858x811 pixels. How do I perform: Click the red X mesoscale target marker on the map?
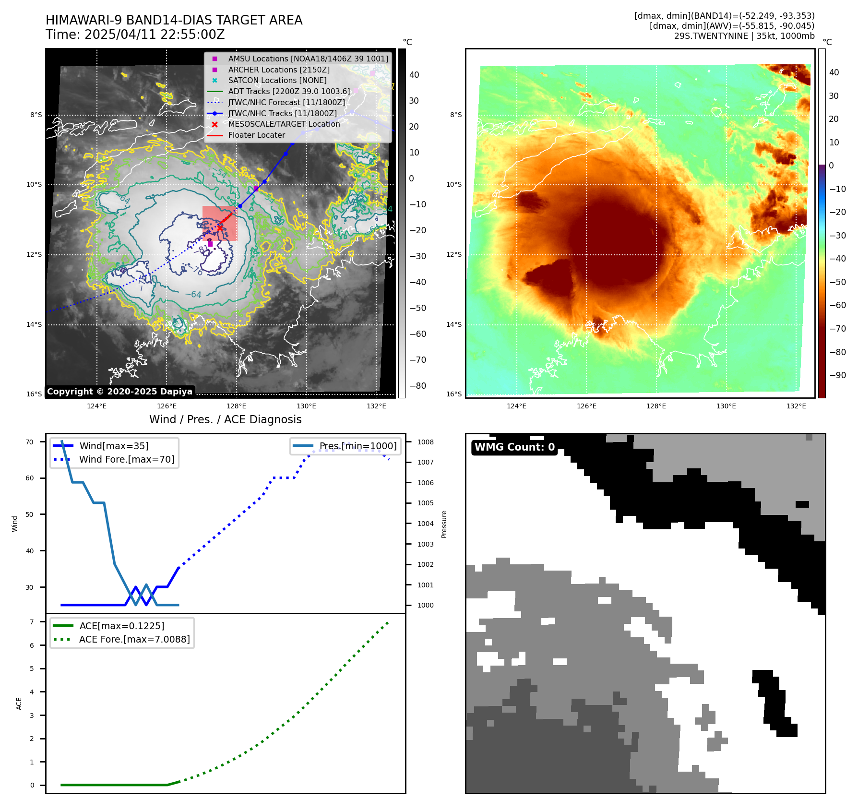click(220, 227)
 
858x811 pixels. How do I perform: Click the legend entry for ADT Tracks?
click(289, 91)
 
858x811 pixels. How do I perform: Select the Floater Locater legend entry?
click(256, 135)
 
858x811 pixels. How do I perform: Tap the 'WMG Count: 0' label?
click(514, 447)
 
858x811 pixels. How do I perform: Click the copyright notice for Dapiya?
click(119, 392)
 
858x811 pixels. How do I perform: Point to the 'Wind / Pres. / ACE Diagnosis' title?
click(225, 419)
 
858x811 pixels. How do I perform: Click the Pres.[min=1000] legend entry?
click(357, 446)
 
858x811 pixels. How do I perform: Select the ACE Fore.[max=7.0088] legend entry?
click(134, 639)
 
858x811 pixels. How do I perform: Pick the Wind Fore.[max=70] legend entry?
click(127, 459)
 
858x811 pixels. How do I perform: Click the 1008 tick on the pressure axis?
click(425, 442)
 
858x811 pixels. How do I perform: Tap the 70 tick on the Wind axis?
click(30, 442)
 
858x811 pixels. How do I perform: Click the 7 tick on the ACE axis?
click(32, 622)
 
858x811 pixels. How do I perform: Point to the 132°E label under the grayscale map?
click(376, 406)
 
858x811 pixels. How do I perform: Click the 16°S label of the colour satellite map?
click(454, 394)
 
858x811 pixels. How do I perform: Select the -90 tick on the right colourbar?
click(837, 375)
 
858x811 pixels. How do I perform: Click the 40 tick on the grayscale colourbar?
click(414, 75)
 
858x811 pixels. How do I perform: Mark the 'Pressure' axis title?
click(444, 524)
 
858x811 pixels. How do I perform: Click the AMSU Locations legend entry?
click(308, 59)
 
